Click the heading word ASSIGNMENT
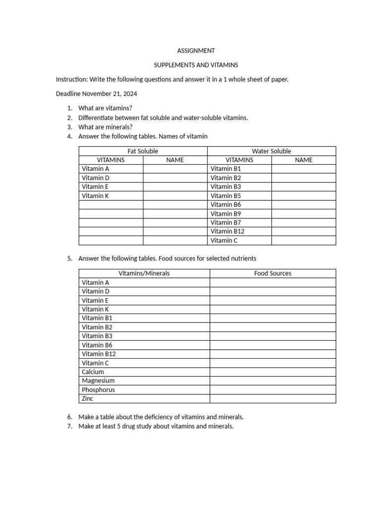(196, 51)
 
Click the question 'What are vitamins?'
(105, 108)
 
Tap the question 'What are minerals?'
(105, 127)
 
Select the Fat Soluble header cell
(143, 151)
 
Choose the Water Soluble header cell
(271, 151)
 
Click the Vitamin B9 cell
(226, 213)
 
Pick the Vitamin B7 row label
(226, 222)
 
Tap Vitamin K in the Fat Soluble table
(95, 195)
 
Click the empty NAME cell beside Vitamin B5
(304, 195)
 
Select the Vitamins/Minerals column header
(144, 273)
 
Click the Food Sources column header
(272, 273)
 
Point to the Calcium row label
(93, 372)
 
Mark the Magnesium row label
(98, 381)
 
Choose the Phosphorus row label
(98, 389)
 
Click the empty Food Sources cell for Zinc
(272, 398)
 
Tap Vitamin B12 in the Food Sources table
(99, 354)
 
